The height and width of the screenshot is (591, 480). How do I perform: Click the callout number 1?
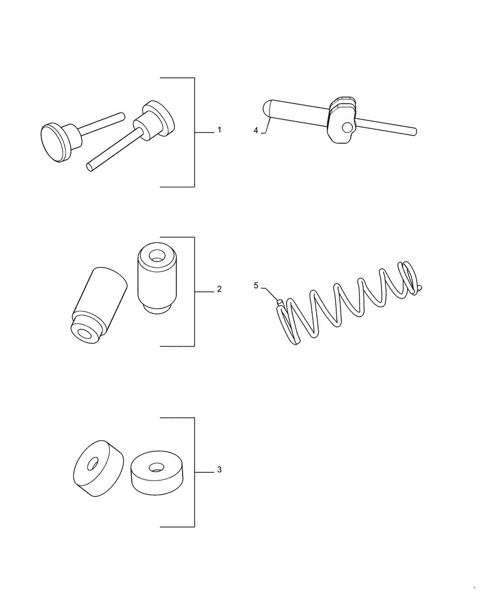pos(219,130)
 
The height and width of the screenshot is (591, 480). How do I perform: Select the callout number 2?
pos(219,290)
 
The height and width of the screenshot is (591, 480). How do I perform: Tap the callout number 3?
pos(219,470)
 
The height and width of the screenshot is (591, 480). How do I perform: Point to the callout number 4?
pos(256,131)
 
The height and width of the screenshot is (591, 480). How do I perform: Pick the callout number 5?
pos(256,285)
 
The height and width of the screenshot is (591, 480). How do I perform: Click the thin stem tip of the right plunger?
pos(90,167)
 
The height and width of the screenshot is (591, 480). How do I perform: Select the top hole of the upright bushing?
pos(157,256)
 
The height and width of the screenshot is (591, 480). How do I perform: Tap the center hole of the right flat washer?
pos(155,467)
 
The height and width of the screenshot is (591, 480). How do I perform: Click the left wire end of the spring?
pos(279,303)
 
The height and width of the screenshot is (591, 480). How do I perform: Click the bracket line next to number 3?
pos(194,472)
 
